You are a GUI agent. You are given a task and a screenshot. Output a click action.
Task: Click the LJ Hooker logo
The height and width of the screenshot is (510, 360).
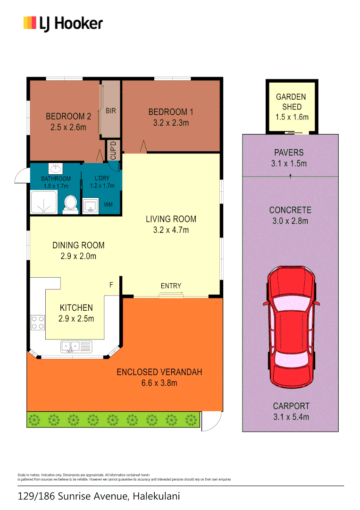(x=63, y=23)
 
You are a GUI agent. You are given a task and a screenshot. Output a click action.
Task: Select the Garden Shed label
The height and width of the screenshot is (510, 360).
(x=291, y=102)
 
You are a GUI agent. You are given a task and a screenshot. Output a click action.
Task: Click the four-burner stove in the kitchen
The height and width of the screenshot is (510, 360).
(x=38, y=323)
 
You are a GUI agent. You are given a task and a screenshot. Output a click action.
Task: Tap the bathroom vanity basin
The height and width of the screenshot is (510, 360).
(x=56, y=168)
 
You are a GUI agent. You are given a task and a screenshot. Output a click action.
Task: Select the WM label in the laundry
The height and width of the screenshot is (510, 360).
(x=108, y=204)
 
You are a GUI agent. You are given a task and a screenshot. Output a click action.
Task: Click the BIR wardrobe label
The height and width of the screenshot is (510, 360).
(x=111, y=111)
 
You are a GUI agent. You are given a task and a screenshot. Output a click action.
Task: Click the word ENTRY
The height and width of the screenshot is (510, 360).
(x=171, y=286)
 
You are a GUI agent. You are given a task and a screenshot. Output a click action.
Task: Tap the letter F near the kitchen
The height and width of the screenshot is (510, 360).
(x=111, y=285)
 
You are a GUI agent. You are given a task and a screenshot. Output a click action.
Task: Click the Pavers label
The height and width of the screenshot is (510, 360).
(x=289, y=153)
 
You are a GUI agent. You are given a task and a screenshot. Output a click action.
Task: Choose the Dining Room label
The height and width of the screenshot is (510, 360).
(x=78, y=245)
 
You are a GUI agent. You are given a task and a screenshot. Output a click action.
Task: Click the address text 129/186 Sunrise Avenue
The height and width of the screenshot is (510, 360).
(x=72, y=496)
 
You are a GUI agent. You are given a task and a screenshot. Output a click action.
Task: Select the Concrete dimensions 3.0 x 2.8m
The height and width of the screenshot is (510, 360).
(x=290, y=221)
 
